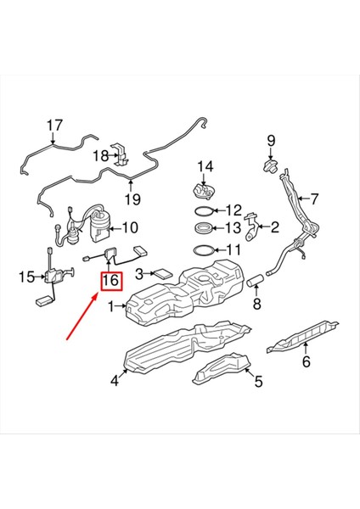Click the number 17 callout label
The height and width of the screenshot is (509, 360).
(54, 126)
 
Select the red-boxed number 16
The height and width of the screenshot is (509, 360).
(110, 280)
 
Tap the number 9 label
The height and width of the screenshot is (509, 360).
(272, 140)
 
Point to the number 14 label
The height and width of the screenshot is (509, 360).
(205, 165)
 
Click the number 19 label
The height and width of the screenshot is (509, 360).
(132, 200)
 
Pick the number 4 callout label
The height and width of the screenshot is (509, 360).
(114, 382)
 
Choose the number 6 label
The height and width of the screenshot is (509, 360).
(307, 362)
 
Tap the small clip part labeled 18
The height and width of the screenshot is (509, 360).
(122, 157)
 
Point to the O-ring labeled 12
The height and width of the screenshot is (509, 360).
(204, 210)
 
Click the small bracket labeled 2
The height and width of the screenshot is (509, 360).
(252, 226)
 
